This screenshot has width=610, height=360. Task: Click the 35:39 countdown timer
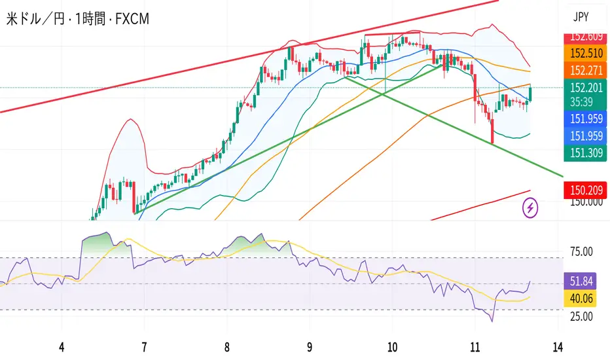click(x=579, y=101)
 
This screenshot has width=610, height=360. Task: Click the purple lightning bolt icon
click(x=531, y=208)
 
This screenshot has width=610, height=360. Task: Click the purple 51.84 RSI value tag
click(x=579, y=282)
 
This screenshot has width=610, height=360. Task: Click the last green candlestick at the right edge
click(x=530, y=94)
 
